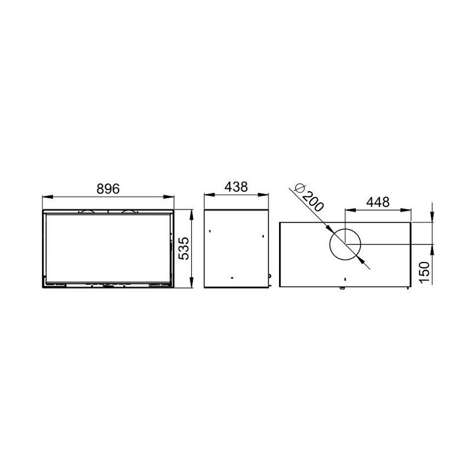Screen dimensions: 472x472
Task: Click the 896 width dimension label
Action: click(108, 189)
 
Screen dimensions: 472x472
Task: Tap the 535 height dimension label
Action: click(183, 248)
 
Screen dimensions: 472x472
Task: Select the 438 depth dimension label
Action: click(237, 186)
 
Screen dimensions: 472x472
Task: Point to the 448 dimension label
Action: click(378, 202)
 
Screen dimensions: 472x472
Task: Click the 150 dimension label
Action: click(424, 272)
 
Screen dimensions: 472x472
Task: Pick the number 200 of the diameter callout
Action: click(313, 201)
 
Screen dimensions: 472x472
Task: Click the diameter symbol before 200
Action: click(299, 188)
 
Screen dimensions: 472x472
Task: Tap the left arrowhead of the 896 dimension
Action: click(48, 197)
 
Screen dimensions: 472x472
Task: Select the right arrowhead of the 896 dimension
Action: click(169, 197)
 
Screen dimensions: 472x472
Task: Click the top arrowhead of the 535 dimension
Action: click(191, 215)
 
